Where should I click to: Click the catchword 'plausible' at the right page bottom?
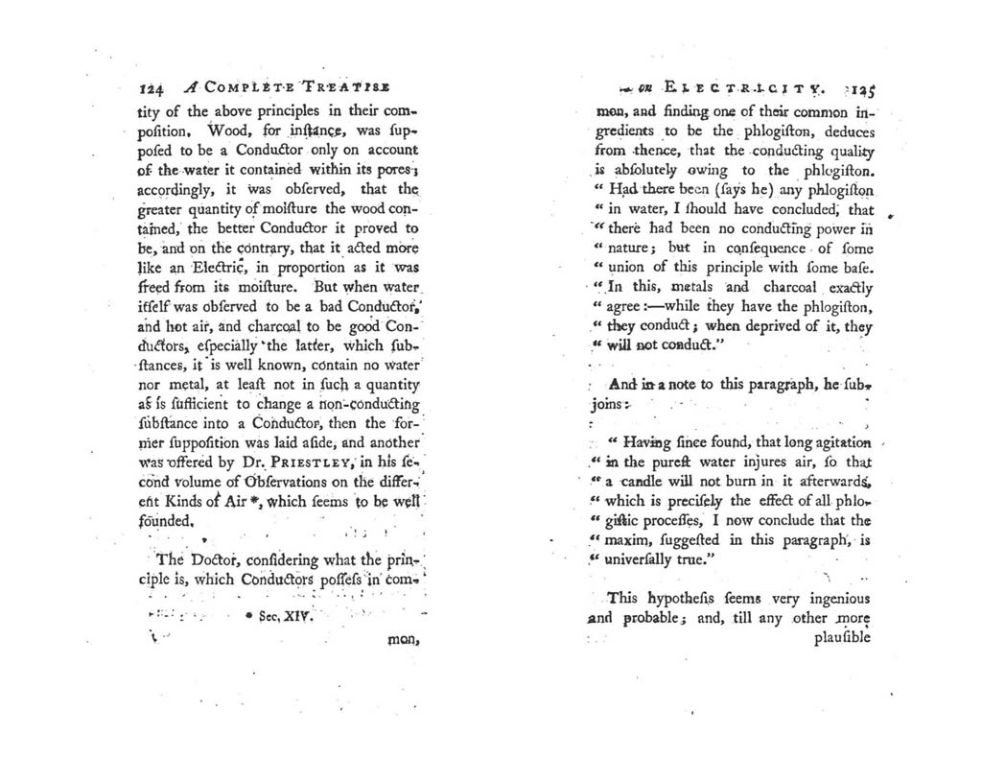[841, 637]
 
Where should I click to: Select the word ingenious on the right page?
[827, 598]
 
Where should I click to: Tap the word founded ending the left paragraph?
[168, 522]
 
